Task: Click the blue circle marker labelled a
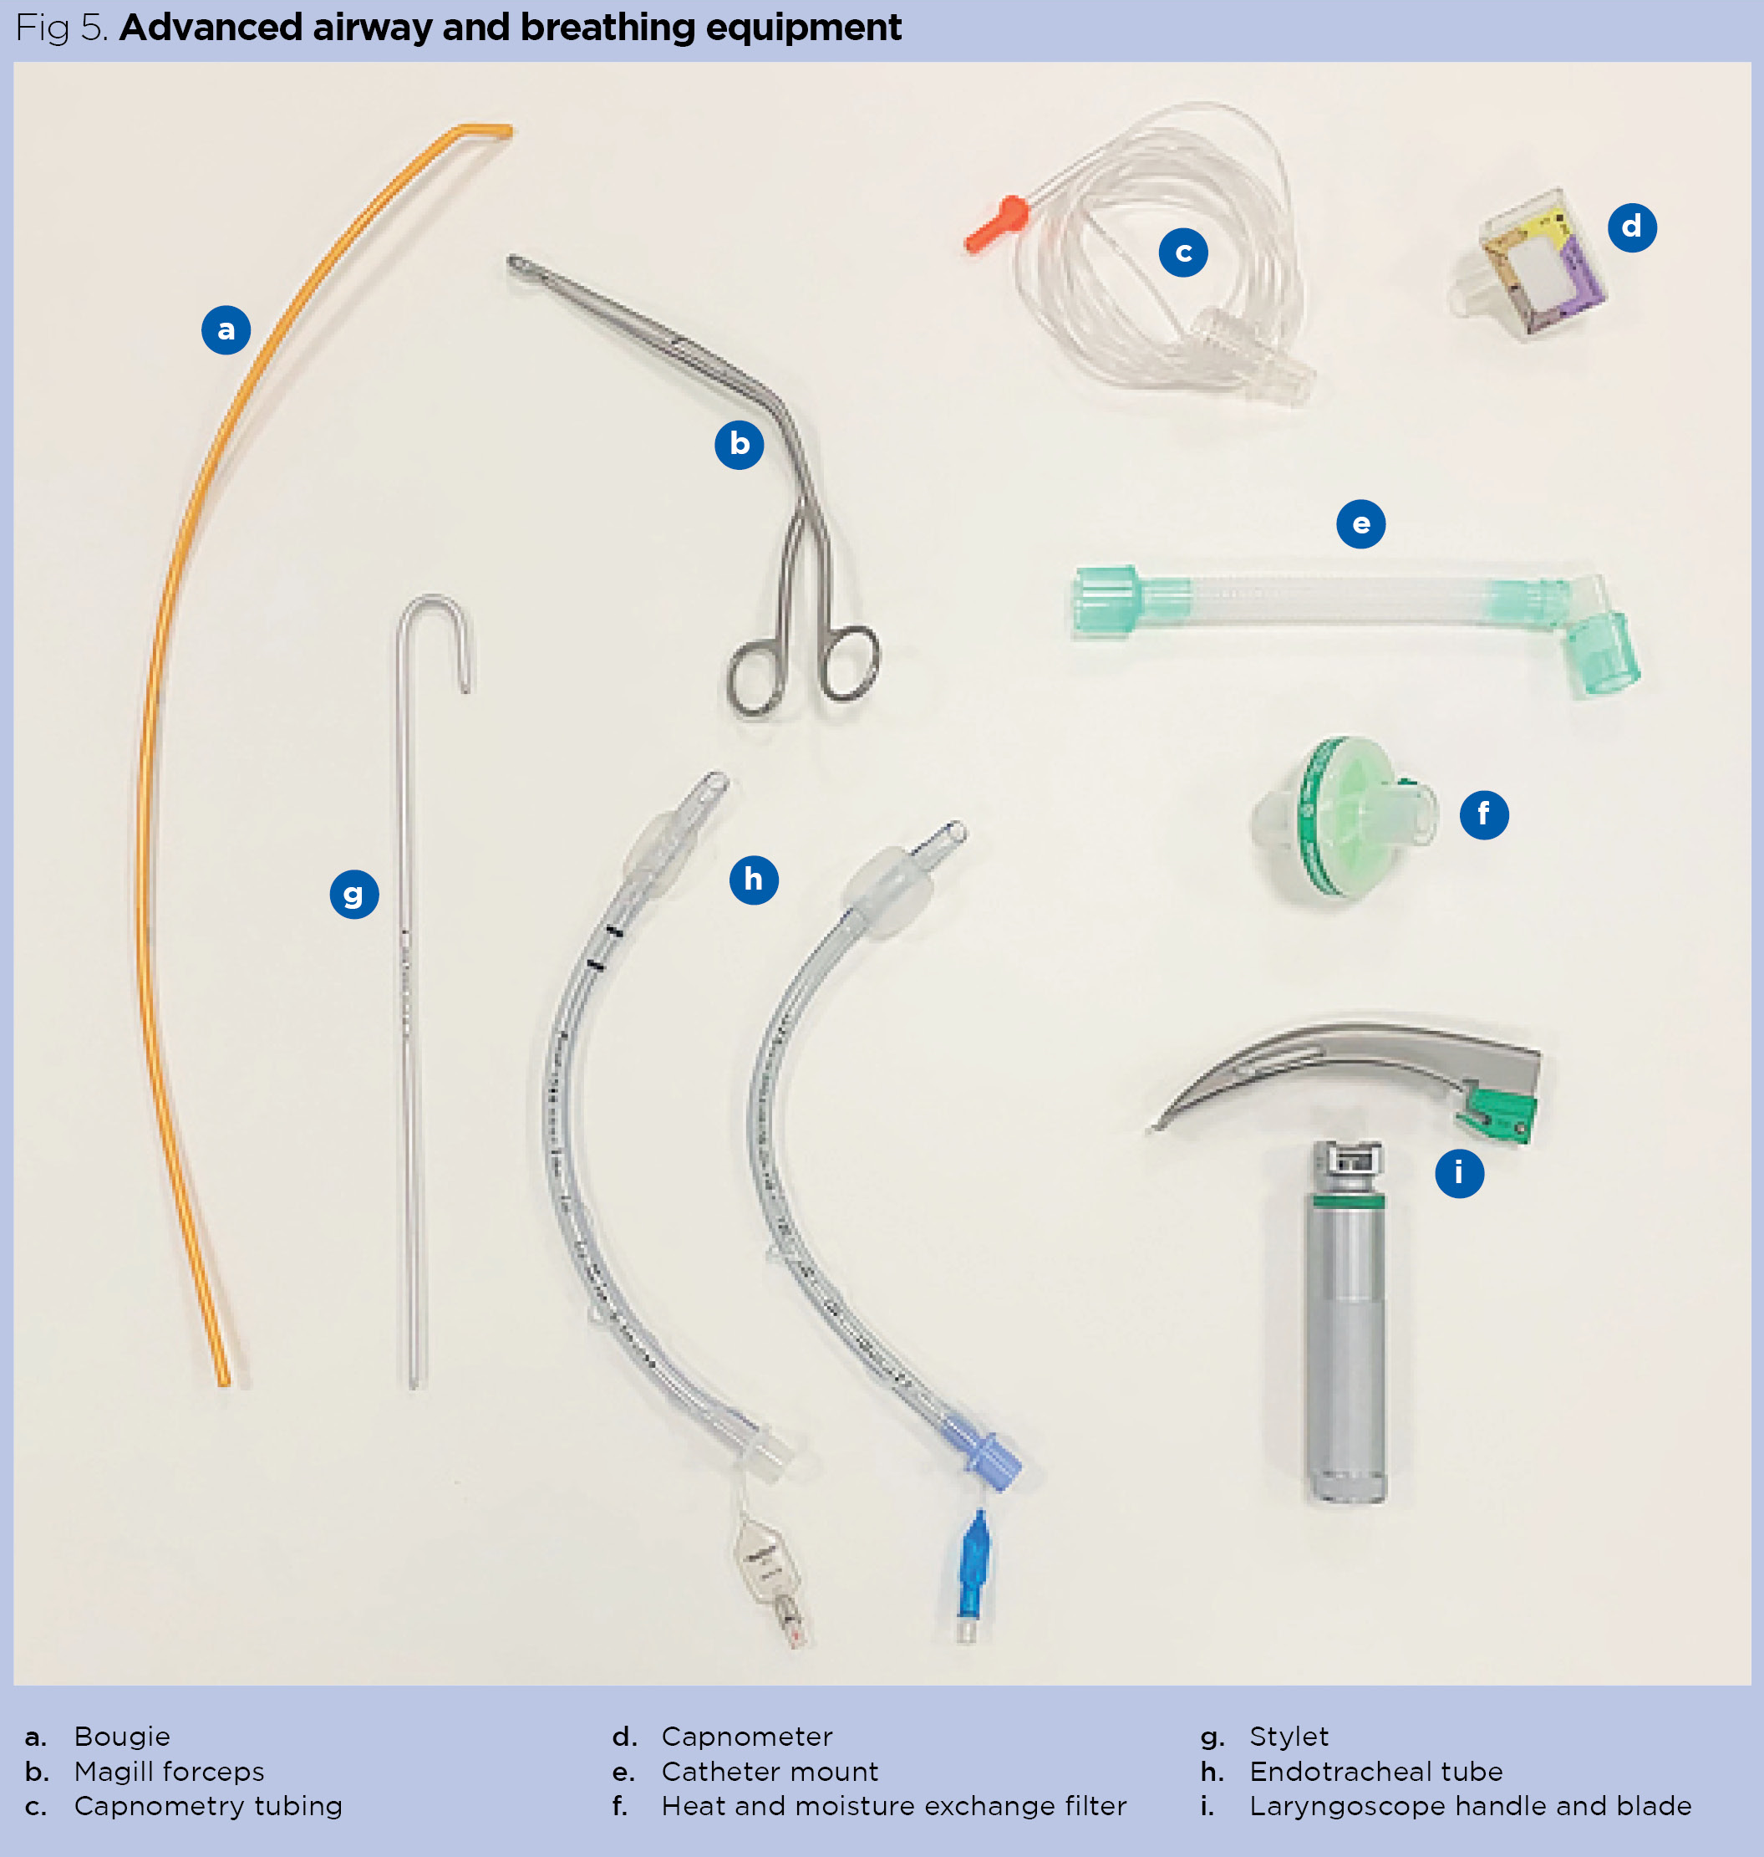tap(226, 329)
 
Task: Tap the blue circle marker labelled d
tap(1631, 227)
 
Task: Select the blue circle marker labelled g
tap(353, 894)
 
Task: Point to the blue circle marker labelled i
tap(1458, 1172)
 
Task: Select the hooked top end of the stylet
tap(435, 611)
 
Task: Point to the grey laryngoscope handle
tap(1346, 1336)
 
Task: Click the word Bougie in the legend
tap(122, 1736)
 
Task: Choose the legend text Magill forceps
tap(170, 1772)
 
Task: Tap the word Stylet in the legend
tap(1289, 1736)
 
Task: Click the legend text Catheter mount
tap(769, 1772)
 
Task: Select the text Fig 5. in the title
tap(62, 28)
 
